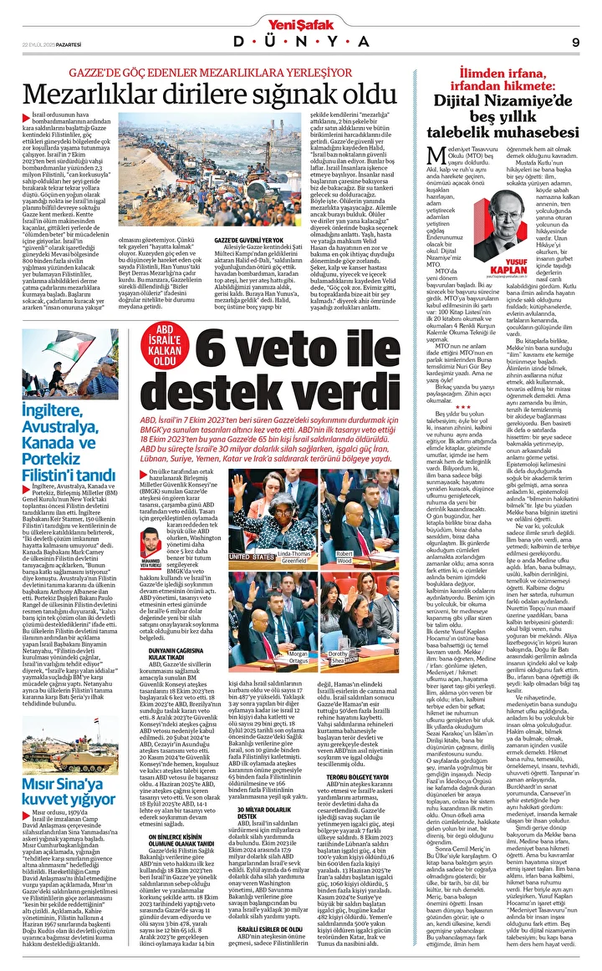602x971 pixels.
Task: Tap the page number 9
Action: coord(576,43)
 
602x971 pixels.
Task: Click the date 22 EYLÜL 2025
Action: coord(38,43)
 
